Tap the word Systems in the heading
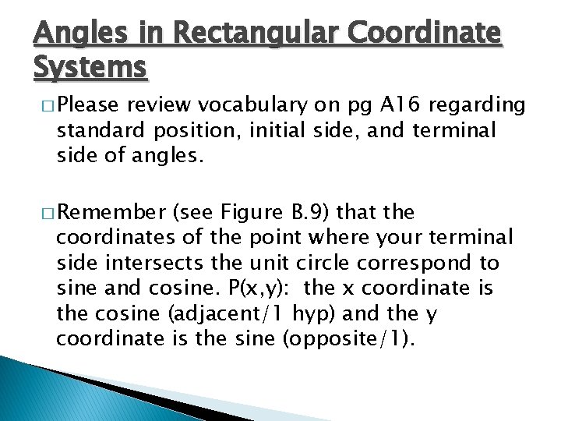pyautogui.click(x=90, y=68)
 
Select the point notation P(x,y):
pyautogui.click(x=256, y=288)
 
